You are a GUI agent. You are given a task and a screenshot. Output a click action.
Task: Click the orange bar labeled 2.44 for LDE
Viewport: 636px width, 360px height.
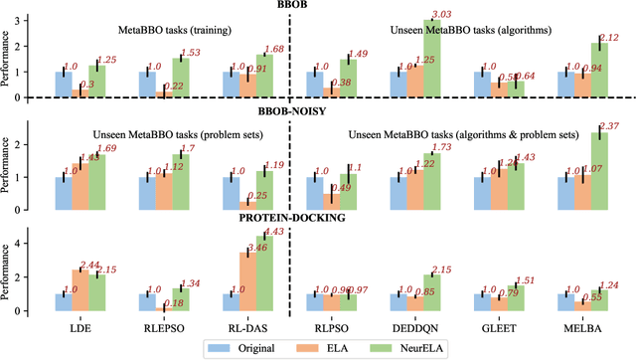point(79,289)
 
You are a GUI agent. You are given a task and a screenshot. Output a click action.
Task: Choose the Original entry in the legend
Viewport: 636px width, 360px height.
point(247,348)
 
